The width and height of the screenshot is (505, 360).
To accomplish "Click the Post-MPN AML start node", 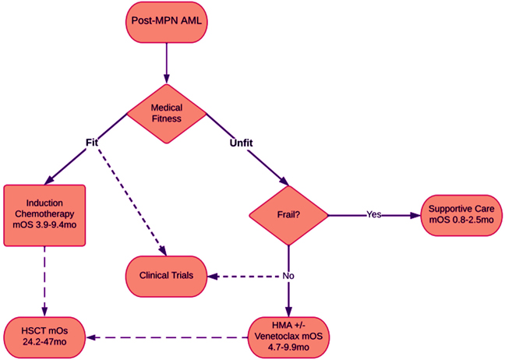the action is tap(167, 22).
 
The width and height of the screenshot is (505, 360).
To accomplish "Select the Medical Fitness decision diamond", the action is tap(167, 114).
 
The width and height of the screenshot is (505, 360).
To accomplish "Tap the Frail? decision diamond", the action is tap(288, 215).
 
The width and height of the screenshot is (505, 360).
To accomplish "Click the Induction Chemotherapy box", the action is tap(44, 215).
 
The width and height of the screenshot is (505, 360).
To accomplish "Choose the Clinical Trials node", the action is tap(166, 277).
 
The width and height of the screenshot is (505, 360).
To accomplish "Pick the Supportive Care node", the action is tap(461, 215).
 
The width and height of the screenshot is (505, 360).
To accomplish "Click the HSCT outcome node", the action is tap(44, 337).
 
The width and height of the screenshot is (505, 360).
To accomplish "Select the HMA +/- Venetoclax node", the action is tap(288, 337).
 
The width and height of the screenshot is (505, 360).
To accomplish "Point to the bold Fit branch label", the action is tap(92, 143).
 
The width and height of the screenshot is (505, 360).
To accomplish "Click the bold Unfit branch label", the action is tap(242, 143).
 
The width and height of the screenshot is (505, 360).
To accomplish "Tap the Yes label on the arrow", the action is tap(374, 214).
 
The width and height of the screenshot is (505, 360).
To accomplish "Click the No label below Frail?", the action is tap(288, 276).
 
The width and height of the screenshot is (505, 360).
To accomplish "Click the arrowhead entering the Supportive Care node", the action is tap(416, 215).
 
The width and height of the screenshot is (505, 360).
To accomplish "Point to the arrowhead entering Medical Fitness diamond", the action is tap(167, 79).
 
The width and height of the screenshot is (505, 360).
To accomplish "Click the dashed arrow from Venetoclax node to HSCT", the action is tap(167, 337).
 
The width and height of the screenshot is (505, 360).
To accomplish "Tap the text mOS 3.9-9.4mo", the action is tap(44, 224).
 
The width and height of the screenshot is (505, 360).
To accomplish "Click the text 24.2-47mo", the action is tap(44, 341).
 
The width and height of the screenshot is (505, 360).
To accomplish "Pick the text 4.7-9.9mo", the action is tap(288, 348).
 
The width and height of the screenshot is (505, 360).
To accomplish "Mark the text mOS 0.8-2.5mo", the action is tap(461, 220).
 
